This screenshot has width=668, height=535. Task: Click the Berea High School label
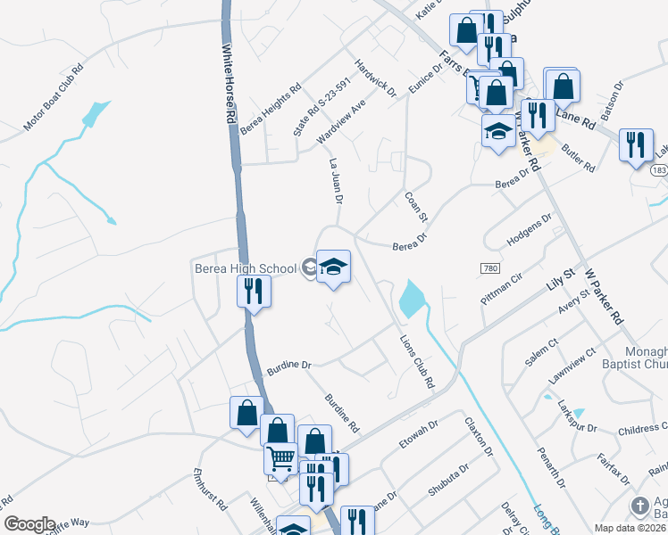pyautogui.click(x=246, y=268)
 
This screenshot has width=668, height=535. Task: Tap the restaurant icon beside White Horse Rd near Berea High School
pyautogui.click(x=254, y=291)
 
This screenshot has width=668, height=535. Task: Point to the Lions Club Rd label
pyautogui.click(x=415, y=359)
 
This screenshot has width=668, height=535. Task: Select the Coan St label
pyautogui.click(x=417, y=207)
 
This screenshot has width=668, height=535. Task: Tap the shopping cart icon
pyautogui.click(x=280, y=458)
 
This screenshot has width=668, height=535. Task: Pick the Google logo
pyautogui.click(x=29, y=524)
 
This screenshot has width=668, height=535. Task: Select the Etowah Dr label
pyautogui.click(x=417, y=438)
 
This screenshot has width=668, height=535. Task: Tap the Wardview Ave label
pyautogui.click(x=342, y=123)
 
